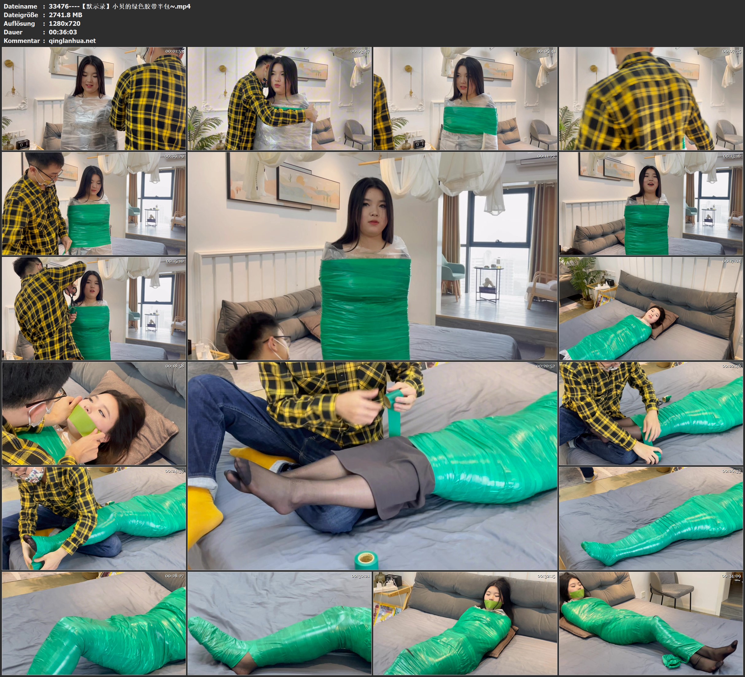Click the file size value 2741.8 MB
65,15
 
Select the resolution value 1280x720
65,23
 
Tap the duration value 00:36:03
63,32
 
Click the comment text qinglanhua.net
72,41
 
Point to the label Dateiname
20,6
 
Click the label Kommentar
21,41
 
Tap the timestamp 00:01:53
174,51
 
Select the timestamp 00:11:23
546,156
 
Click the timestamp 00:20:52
546,366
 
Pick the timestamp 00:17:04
732,261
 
